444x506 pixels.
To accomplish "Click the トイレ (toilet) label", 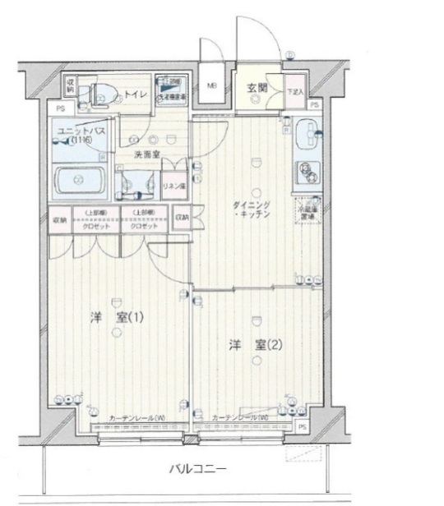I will (x=136, y=95).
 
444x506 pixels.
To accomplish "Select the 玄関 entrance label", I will (x=255, y=85).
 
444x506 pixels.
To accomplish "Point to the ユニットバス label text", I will (x=76, y=131).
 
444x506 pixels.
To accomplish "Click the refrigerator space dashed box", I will (x=308, y=210).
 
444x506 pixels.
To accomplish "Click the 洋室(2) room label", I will (x=255, y=345).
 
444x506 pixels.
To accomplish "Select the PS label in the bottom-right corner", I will (x=302, y=429).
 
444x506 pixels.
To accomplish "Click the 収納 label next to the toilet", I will (x=71, y=85).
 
